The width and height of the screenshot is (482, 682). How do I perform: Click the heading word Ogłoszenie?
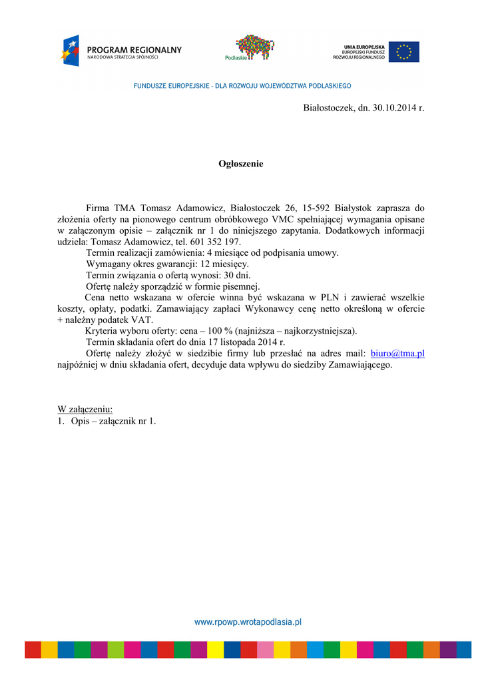(x=241, y=164)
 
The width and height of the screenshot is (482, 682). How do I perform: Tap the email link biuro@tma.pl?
(x=397, y=353)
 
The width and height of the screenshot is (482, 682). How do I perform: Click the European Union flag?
(x=404, y=52)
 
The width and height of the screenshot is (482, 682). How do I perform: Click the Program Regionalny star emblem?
(x=70, y=51)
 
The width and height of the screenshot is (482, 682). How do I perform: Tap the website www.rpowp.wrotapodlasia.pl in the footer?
(x=248, y=622)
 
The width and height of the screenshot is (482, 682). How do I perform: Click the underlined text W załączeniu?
(x=85, y=408)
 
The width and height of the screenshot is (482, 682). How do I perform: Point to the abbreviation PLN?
(x=330, y=298)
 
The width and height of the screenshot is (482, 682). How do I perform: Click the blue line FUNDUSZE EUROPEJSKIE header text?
(x=242, y=86)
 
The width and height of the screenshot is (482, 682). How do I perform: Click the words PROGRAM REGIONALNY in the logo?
(x=134, y=49)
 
